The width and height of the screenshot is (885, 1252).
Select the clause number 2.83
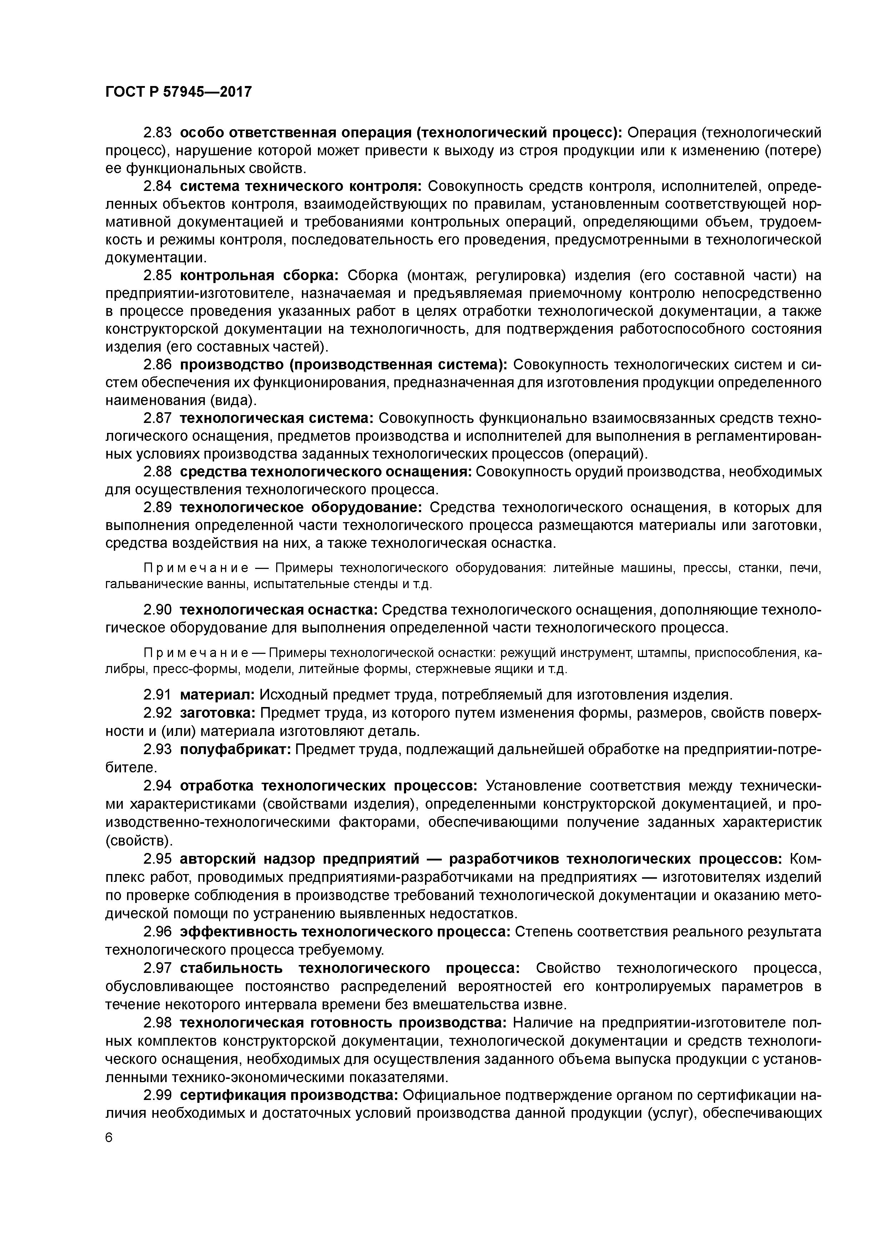(x=158, y=132)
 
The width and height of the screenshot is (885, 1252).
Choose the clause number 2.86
(x=158, y=364)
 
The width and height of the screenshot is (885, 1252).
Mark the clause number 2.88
(x=158, y=472)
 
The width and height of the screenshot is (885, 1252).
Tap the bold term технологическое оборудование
(x=301, y=508)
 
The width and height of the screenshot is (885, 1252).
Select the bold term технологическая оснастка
(x=279, y=609)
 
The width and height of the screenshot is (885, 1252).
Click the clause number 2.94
(x=158, y=786)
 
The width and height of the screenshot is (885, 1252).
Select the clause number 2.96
(x=158, y=932)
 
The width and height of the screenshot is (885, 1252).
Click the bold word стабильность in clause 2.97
(x=231, y=969)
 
